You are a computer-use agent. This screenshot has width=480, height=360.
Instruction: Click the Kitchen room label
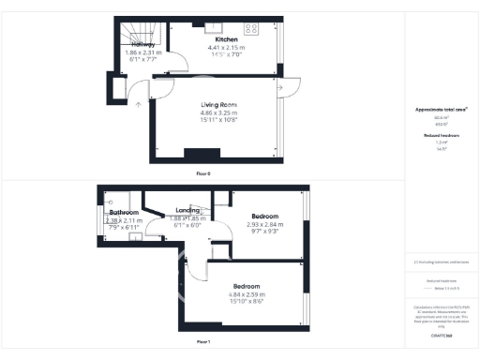click(x=226, y=39)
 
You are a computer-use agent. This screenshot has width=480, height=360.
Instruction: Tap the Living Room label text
click(x=218, y=104)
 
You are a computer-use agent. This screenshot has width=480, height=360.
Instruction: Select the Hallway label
click(x=143, y=44)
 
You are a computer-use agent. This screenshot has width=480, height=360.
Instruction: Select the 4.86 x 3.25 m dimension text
click(x=218, y=112)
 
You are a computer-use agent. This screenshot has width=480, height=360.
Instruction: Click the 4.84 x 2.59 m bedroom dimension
click(x=247, y=293)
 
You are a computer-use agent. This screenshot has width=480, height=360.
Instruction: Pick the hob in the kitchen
click(x=253, y=28)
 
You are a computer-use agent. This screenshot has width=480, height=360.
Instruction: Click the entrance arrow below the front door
click(x=139, y=103)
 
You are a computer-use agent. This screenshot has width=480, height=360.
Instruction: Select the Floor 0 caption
click(x=202, y=174)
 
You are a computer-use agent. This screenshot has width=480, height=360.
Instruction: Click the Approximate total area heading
click(x=442, y=110)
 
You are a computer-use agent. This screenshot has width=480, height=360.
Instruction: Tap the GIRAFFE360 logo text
click(x=442, y=334)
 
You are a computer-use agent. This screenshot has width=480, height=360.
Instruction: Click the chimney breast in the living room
click(x=202, y=154)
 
